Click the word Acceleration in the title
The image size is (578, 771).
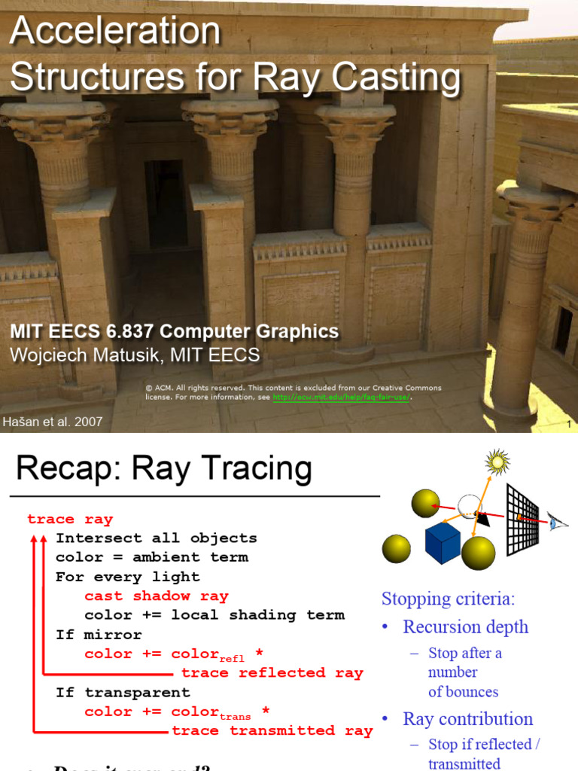pyautogui.click(x=115, y=32)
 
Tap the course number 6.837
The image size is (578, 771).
pyautogui.click(x=129, y=331)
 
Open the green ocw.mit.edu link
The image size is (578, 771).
pyautogui.click(x=341, y=397)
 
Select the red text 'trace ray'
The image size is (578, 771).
pyautogui.click(x=69, y=519)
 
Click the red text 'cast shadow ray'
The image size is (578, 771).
pyautogui.click(x=156, y=596)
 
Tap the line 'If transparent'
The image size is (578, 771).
pyautogui.click(x=122, y=692)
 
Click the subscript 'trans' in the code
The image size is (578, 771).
pyautogui.click(x=236, y=717)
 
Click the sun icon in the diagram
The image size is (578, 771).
pyautogui.click(x=497, y=461)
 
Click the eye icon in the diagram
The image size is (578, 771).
pyautogui.click(x=558, y=520)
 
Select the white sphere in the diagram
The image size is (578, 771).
pyautogui.click(x=470, y=507)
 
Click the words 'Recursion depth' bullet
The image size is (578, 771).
pyautogui.click(x=465, y=626)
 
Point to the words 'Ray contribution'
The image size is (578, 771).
pyautogui.click(x=467, y=719)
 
